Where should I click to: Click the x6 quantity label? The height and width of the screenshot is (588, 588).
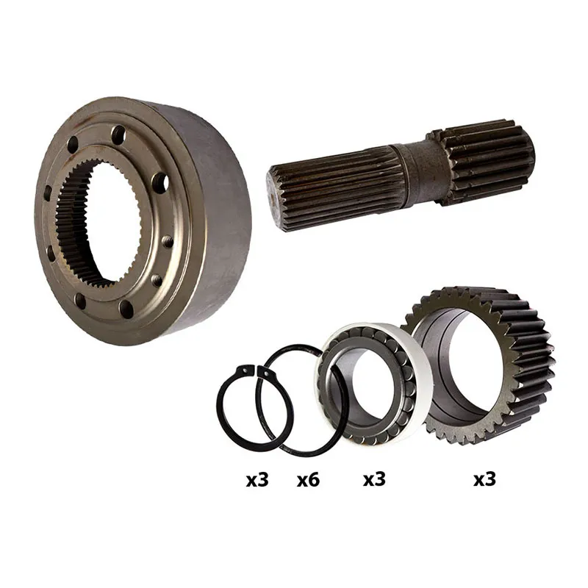pos(308,480)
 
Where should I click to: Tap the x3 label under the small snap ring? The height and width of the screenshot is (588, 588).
pos(257,480)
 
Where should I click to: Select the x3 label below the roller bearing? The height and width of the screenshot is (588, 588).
pos(374,479)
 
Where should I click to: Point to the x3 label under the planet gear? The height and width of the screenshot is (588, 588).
pos(484,479)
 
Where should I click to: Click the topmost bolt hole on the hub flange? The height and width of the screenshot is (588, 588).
pos(119,132)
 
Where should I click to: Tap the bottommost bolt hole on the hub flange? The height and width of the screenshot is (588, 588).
pos(126,308)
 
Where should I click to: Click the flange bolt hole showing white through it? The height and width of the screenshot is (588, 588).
pos(161,182)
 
